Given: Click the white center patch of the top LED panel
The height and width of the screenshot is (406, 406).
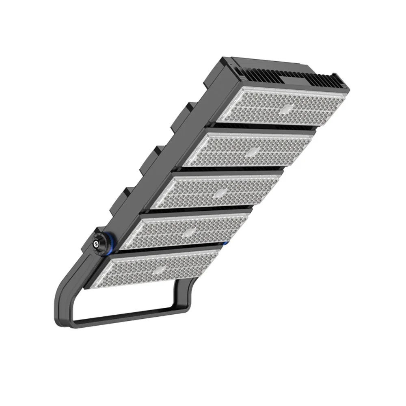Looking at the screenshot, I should [x=287, y=108].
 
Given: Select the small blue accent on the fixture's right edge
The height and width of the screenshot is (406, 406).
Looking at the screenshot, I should [x=224, y=243].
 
